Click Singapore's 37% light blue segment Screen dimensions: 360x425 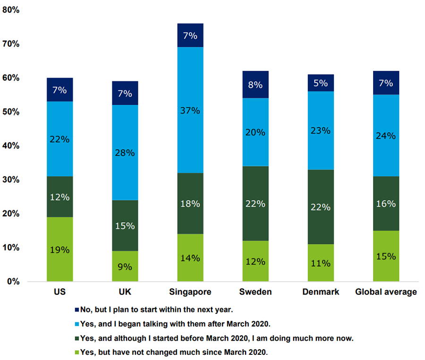tap(190, 110)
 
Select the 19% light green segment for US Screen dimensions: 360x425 tap(60, 249)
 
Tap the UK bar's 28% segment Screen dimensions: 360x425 tap(125, 152)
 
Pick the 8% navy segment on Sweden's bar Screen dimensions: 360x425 tap(255, 84)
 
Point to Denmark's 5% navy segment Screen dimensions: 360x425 tap(321, 83)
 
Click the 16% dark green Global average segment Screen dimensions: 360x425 tap(386, 203)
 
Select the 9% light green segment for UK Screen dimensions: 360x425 tap(125, 266)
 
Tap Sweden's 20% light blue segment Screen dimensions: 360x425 tap(255, 132)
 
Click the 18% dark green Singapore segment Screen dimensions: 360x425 tap(190, 203)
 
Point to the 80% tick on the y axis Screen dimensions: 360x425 tap(11, 9)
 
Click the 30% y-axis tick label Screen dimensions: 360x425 tap(11, 180)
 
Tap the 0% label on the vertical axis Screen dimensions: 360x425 tap(13, 282)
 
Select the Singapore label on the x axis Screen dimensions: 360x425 tap(190, 292)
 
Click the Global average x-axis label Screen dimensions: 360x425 tap(386, 292)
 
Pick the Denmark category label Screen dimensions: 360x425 tap(321, 292)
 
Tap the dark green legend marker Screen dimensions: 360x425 tap(77, 338)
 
